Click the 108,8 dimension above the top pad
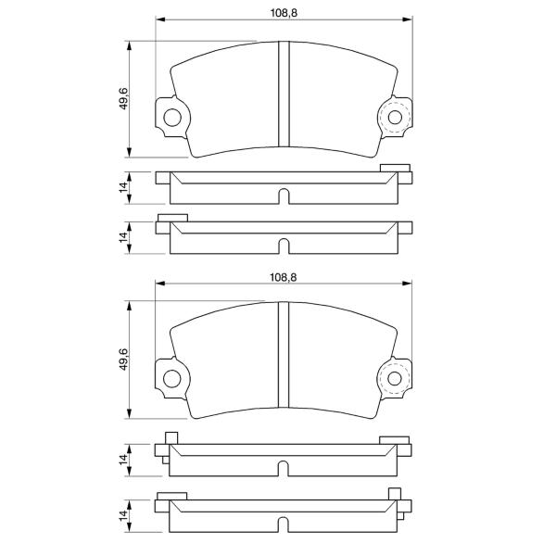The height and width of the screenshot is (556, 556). pyautogui.click(x=284, y=13)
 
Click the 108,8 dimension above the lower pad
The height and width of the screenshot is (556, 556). pyautogui.click(x=284, y=277)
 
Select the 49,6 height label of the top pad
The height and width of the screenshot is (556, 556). pyautogui.click(x=124, y=98)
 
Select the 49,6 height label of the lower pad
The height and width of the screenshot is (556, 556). pyautogui.click(x=124, y=360)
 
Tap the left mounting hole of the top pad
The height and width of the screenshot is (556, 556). pyautogui.click(x=172, y=118)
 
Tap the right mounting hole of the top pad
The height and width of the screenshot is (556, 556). pyautogui.click(x=395, y=117)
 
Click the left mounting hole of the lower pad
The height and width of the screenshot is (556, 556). pyautogui.click(x=172, y=379)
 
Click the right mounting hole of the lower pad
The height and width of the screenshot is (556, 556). pyautogui.click(x=395, y=378)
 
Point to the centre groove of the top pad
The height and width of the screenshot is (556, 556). pyautogui.click(x=284, y=94)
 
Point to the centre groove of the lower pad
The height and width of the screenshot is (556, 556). pyautogui.click(x=284, y=355)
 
